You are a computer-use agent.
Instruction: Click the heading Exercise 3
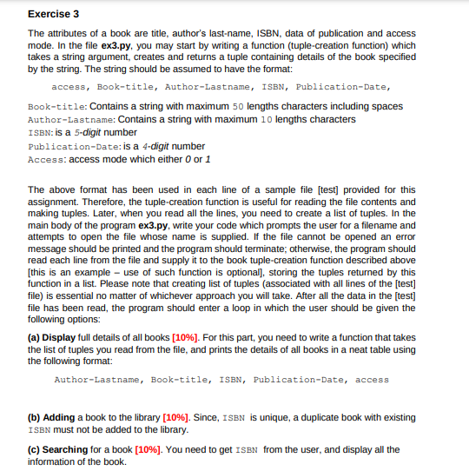point(53,14)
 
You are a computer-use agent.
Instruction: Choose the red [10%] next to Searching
point(147,449)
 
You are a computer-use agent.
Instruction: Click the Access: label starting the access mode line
point(47,159)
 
